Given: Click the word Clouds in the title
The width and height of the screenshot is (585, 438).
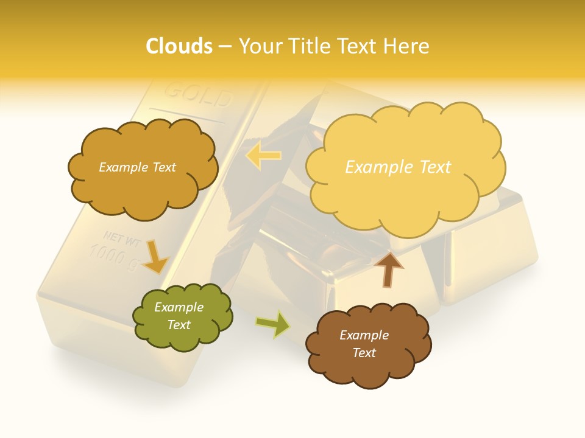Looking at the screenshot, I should click(179, 46).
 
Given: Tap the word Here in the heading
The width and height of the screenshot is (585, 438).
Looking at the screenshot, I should click(407, 46).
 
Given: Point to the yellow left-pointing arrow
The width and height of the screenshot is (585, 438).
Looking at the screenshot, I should click(263, 156).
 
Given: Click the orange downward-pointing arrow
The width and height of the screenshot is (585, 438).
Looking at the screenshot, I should click(156, 256).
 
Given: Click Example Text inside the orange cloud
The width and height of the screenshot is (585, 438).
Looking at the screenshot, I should click(137, 167).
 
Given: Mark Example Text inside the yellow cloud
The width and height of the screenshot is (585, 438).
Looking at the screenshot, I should click(398, 167).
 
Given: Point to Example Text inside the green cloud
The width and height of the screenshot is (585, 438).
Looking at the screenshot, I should click(179, 316).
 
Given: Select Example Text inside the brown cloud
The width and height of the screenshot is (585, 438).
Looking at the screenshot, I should click(364, 344).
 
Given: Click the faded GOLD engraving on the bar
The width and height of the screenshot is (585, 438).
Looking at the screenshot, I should click(199, 94).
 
